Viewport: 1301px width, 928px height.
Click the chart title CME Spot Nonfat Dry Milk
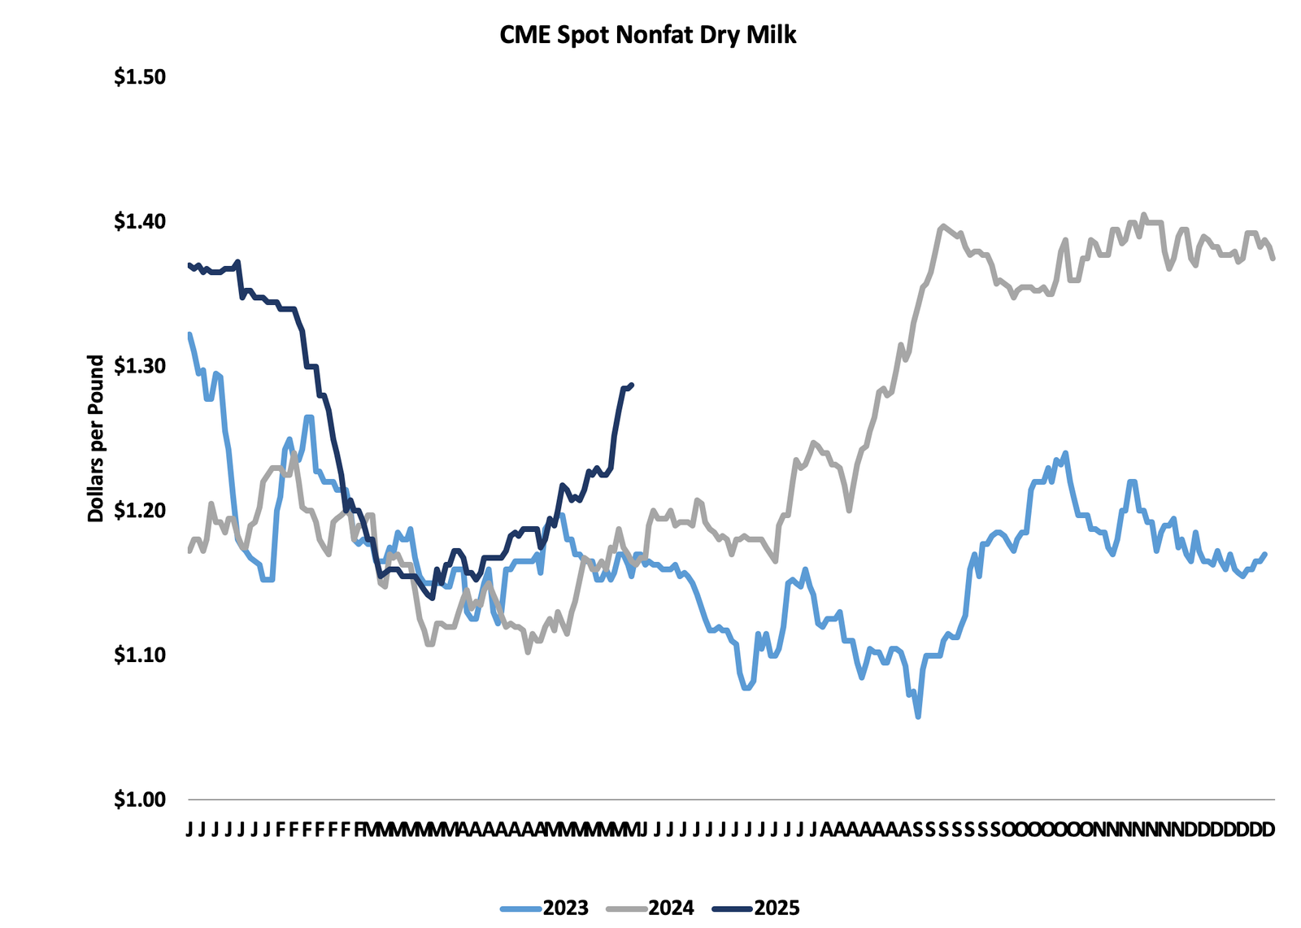coord(647,34)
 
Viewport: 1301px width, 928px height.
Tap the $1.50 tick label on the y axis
coord(139,77)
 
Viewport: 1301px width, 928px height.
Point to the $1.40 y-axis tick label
coord(139,221)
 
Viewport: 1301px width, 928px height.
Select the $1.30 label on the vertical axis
coord(139,366)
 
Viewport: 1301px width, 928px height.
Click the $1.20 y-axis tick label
coord(139,511)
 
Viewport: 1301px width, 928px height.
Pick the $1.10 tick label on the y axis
coord(139,655)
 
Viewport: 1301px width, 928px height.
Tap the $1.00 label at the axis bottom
coord(139,799)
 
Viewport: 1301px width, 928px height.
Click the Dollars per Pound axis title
coord(96,438)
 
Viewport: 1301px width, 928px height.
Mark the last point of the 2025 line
coord(632,385)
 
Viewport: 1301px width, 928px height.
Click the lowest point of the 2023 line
coord(918,717)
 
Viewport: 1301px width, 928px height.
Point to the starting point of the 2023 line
coord(189,333)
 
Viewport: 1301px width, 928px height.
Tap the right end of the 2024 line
coord(1273,259)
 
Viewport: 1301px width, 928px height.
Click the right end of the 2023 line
coord(1265,554)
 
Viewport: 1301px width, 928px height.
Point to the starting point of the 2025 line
coord(189,264)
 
